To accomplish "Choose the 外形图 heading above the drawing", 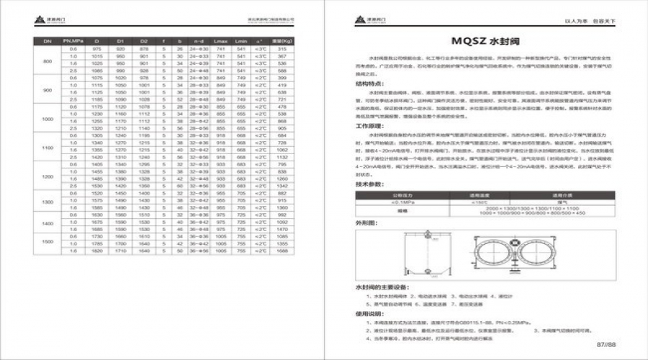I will [x=367, y=224].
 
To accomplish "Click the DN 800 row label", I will [x=48, y=62].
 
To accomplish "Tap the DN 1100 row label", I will [x=48, y=146].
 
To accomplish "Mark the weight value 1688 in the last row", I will [x=282, y=252].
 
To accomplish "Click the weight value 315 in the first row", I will [x=282, y=48].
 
